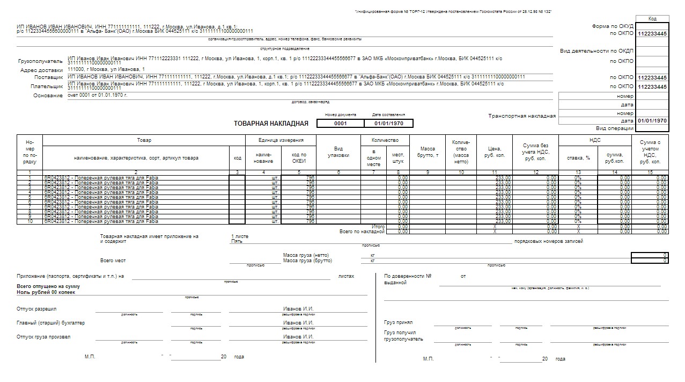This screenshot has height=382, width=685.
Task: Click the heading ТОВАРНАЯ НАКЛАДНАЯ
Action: click(271, 124)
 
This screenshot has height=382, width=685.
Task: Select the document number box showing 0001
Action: click(340, 124)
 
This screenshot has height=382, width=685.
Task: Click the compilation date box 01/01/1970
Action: click(388, 124)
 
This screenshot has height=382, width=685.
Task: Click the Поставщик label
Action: click(48, 77)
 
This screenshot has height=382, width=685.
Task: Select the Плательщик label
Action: click(47, 86)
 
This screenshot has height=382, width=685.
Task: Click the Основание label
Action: click(48, 96)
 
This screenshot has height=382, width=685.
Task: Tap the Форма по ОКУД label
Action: click(613, 26)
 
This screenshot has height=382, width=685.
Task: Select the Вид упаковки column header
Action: click(338, 152)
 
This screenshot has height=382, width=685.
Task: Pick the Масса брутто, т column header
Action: click(428, 152)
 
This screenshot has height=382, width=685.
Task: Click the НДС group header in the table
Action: click(595, 140)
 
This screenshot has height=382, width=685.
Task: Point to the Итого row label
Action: click(378, 227)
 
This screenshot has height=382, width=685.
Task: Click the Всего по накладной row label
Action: click(362, 232)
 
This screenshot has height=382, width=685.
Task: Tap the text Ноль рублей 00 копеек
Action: click(46, 292)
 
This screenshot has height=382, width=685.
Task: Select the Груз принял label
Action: click(398, 323)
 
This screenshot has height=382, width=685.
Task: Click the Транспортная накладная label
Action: click(522, 116)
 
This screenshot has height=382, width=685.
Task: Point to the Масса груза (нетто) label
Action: click(306, 255)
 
